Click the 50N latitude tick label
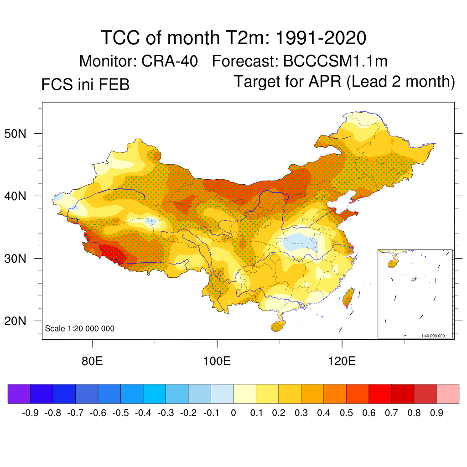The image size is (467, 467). tap(19, 134)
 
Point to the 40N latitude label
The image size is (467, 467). tap(19, 196)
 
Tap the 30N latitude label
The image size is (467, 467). tap(19, 259)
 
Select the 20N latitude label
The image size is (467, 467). tap(19, 321)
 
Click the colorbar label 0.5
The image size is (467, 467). tap(346, 413)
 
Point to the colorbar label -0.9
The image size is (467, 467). tap(30, 413)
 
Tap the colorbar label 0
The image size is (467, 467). tap(233, 413)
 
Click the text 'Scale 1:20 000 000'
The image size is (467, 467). tap(80, 328)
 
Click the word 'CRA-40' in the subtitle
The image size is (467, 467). tap(176, 61)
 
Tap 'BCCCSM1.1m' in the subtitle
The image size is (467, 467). tap(335, 61)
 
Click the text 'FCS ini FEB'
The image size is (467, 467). tap(85, 84)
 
